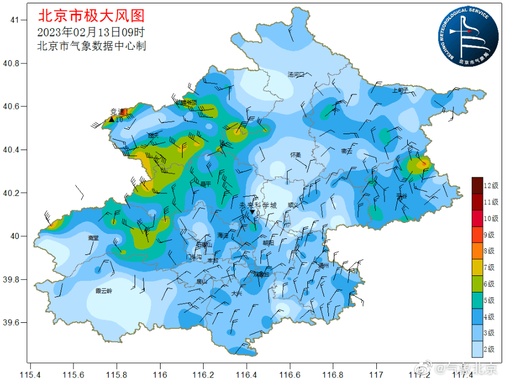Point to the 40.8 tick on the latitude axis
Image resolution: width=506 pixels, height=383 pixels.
click(11, 63)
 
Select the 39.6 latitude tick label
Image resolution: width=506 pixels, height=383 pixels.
click(11, 323)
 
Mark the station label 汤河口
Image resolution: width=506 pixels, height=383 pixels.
click(296, 74)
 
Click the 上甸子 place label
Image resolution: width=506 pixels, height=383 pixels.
click(400, 89)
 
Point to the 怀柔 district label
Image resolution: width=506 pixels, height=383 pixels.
click(296, 155)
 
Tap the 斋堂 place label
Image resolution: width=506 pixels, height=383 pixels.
click(93, 237)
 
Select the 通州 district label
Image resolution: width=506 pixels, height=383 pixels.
click(323, 265)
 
